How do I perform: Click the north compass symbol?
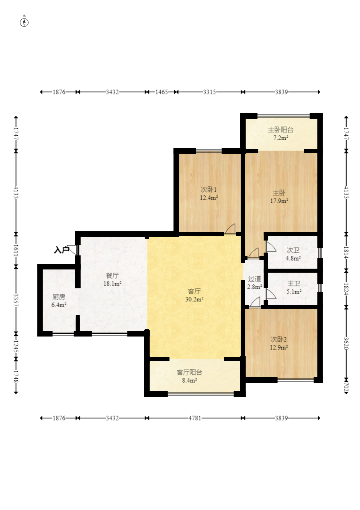pyautogui.click(x=24, y=22)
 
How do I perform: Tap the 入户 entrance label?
pyautogui.click(x=61, y=250)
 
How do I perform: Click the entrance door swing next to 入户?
pyautogui.click(x=73, y=249)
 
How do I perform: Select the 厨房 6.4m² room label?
pyautogui.click(x=59, y=301)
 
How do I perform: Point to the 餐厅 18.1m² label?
pyautogui.click(x=112, y=279)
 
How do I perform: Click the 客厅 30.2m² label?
pyautogui.click(x=194, y=295)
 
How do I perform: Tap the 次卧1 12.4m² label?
pyautogui.click(x=209, y=194)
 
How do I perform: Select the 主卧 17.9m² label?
pyautogui.click(x=279, y=197)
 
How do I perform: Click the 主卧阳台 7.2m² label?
pyautogui.click(x=280, y=134)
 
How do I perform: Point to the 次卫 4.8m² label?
pyautogui.click(x=293, y=254)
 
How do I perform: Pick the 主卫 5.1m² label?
pyautogui.click(x=294, y=288)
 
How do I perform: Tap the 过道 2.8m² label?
pyautogui.click(x=254, y=282)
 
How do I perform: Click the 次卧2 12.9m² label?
pyautogui.click(x=279, y=343)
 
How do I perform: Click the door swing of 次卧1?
pyautogui.click(x=230, y=228)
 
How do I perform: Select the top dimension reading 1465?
pyautogui.click(x=162, y=92)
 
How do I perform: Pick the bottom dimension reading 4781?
pyautogui.click(x=194, y=418)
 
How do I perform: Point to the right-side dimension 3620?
pyautogui.click(x=346, y=343)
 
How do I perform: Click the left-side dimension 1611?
pyautogui.click(x=16, y=250)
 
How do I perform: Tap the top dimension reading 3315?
pyautogui.click(x=209, y=92)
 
